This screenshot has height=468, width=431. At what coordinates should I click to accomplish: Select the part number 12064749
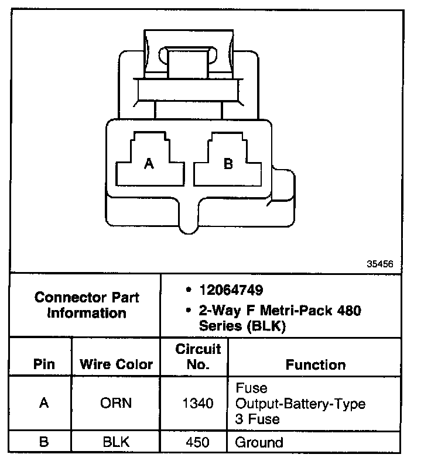[x=231, y=290]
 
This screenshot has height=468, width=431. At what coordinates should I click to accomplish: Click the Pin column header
[x=44, y=364]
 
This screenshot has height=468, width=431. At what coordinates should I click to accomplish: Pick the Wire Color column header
[x=116, y=364]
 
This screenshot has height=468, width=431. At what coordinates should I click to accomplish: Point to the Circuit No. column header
[x=198, y=357]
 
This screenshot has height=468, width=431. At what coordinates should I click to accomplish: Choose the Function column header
[x=316, y=364]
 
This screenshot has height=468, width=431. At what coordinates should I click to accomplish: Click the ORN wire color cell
[x=116, y=403]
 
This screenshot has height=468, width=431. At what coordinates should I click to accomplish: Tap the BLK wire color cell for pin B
[x=116, y=442]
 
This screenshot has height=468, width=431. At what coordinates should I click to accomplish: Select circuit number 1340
[x=198, y=403]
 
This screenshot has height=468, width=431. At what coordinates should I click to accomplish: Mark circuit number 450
[x=198, y=442]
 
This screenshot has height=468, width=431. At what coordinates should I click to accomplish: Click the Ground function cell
[x=259, y=442]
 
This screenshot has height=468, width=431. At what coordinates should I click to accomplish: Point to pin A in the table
[x=44, y=403]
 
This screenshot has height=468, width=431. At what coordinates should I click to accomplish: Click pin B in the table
[x=44, y=442]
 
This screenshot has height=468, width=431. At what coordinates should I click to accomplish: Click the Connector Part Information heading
[x=87, y=305]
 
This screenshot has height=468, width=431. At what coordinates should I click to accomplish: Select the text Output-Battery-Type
[x=300, y=404]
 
